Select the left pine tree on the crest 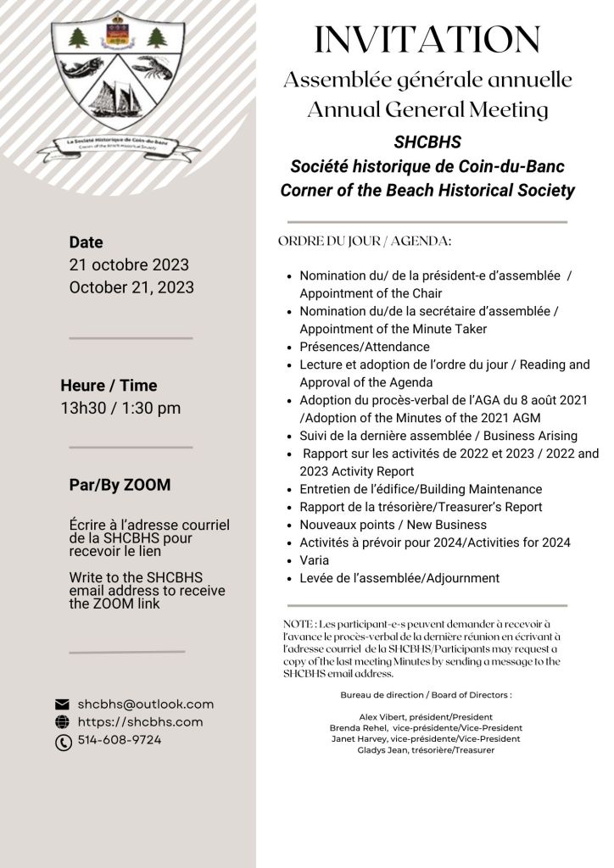pos(78,36)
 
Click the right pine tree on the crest pos(154,36)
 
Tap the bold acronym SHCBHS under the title pos(427,142)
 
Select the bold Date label pos(86,242)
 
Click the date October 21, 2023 pos(131,287)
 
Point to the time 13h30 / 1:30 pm pos(120,408)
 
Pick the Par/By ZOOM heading pos(120,485)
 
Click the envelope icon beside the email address pos(62,704)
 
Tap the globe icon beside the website pos(62,722)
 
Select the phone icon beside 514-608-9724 pos(62,742)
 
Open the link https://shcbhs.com pos(140,722)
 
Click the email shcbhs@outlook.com pos(145,704)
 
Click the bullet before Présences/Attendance pos(291,348)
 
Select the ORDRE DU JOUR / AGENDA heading pos(365,242)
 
